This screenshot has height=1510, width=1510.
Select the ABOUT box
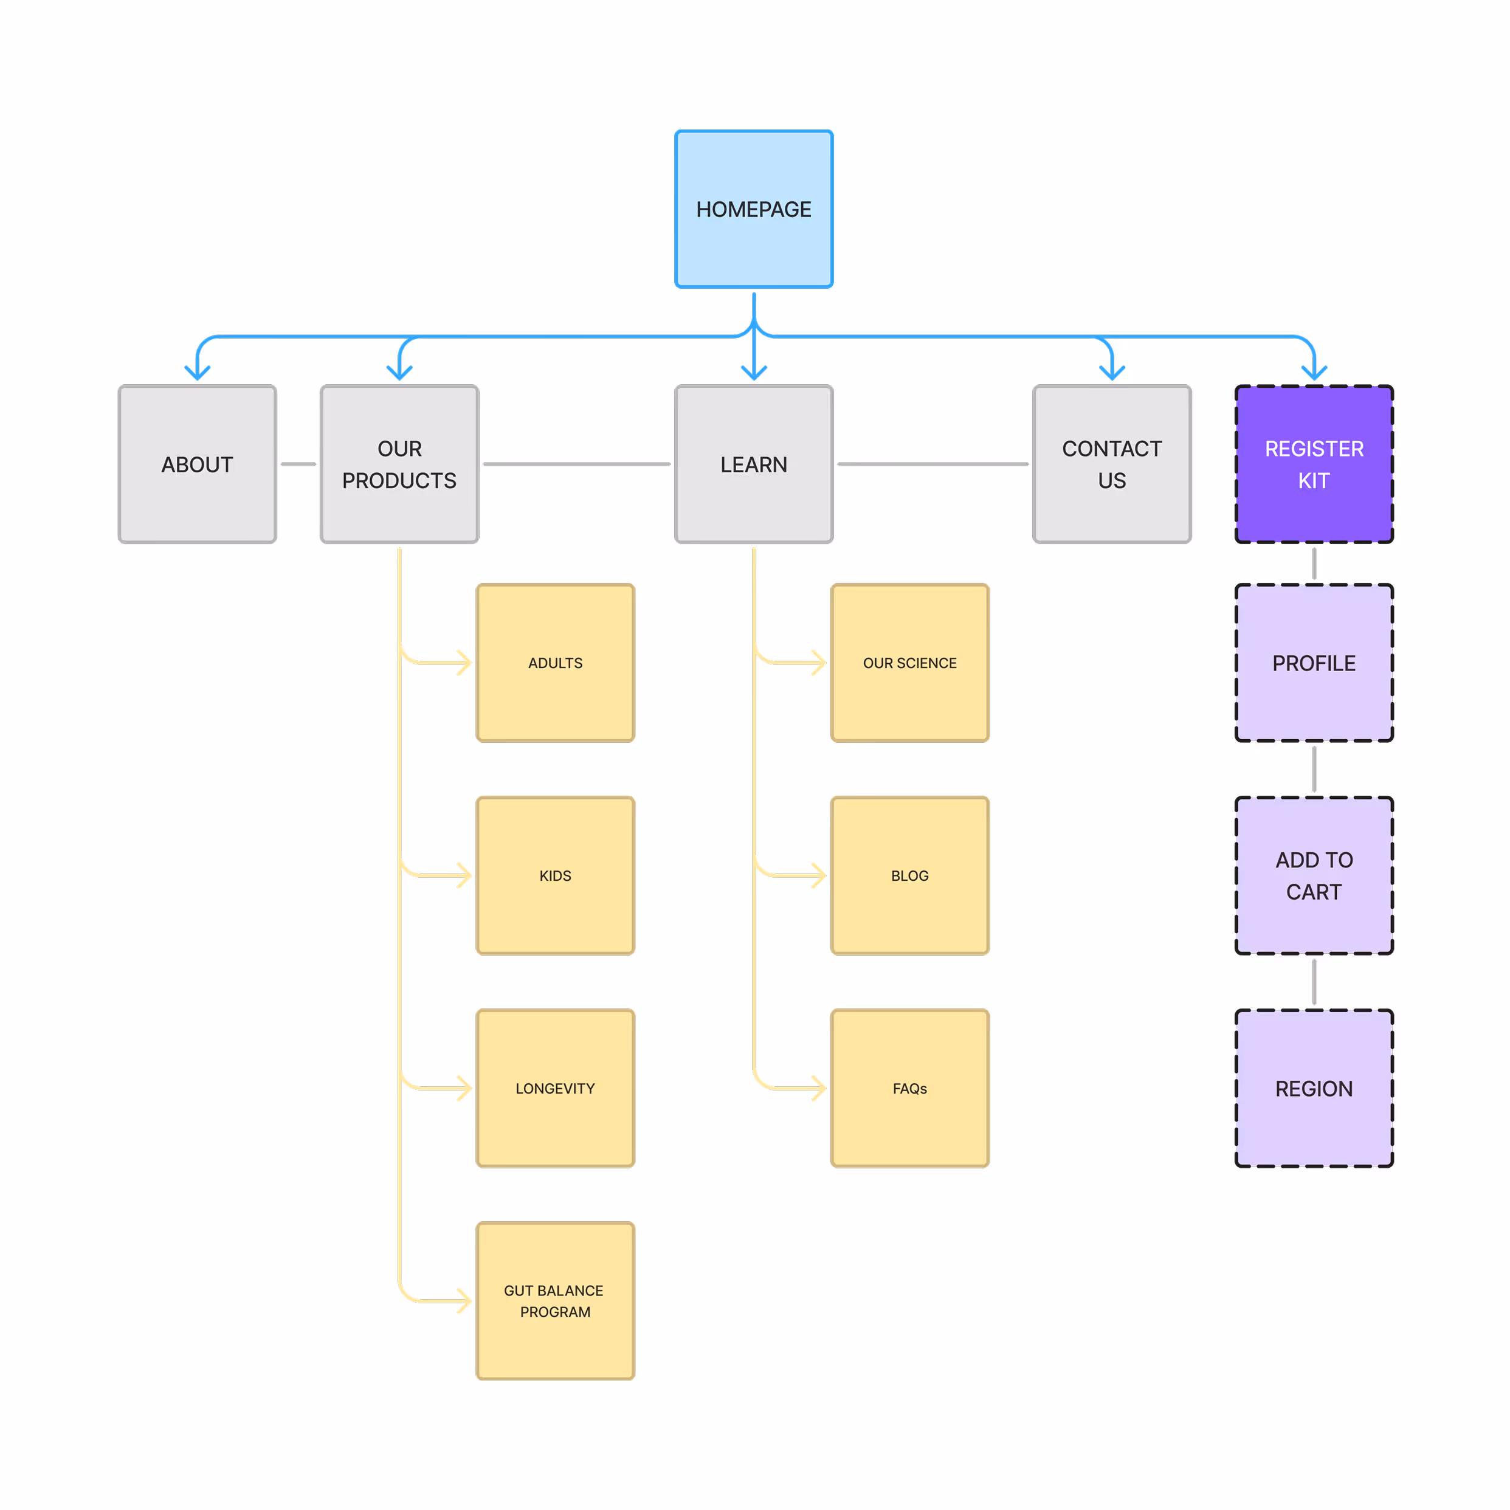click(197, 464)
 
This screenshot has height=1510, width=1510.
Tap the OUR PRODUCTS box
click(399, 464)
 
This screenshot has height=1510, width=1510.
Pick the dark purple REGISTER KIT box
click(1314, 464)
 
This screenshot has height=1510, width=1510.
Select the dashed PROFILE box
click(1314, 663)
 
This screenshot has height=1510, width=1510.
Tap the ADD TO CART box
click(1314, 875)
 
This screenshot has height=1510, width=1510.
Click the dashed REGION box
click(1314, 1088)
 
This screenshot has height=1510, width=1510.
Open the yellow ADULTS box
click(555, 663)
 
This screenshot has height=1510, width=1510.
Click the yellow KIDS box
click(555, 875)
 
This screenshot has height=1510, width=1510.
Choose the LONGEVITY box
click(555, 1088)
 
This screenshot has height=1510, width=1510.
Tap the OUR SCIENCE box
click(910, 663)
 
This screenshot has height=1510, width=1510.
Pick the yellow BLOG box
click(910, 875)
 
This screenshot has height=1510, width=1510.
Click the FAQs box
click(910, 1088)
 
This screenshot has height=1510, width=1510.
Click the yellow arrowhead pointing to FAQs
click(818, 1088)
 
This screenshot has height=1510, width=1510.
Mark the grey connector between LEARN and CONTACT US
click(933, 464)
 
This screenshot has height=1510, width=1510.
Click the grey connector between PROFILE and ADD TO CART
click(1314, 769)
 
